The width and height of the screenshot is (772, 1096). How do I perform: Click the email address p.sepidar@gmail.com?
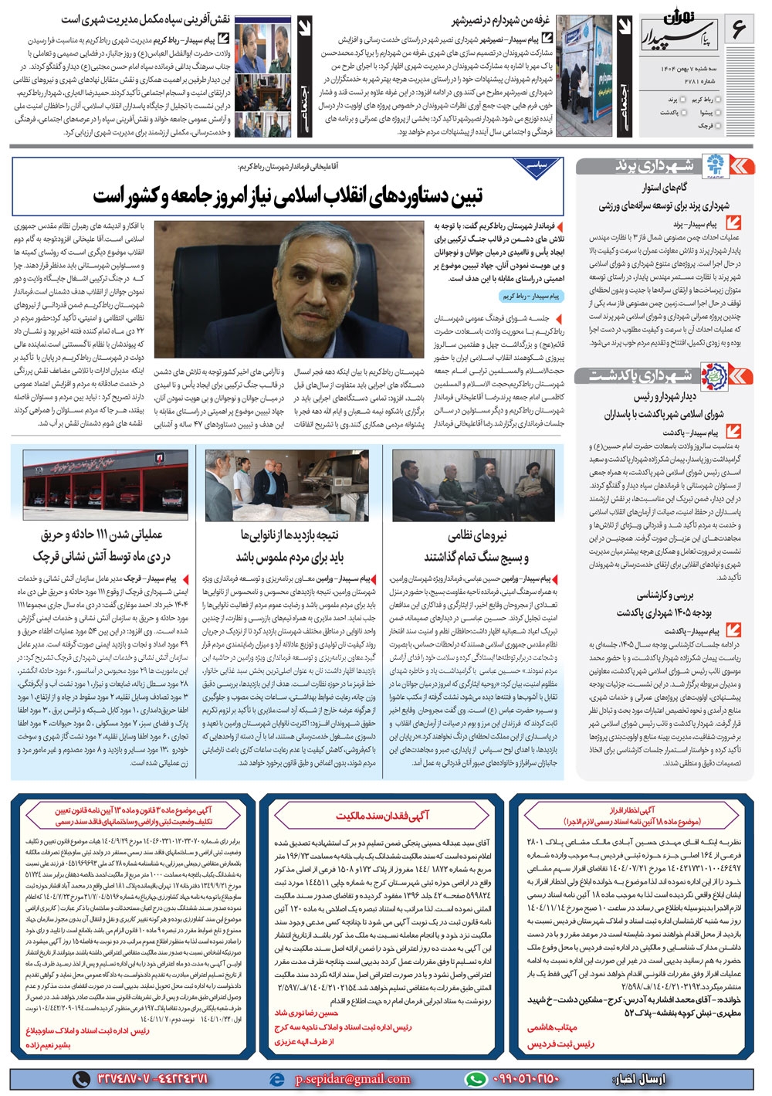(x=354, y=1078)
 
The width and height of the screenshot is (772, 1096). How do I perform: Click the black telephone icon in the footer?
(x=81, y=1078)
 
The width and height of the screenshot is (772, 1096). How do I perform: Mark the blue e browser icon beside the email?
(x=276, y=1078)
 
